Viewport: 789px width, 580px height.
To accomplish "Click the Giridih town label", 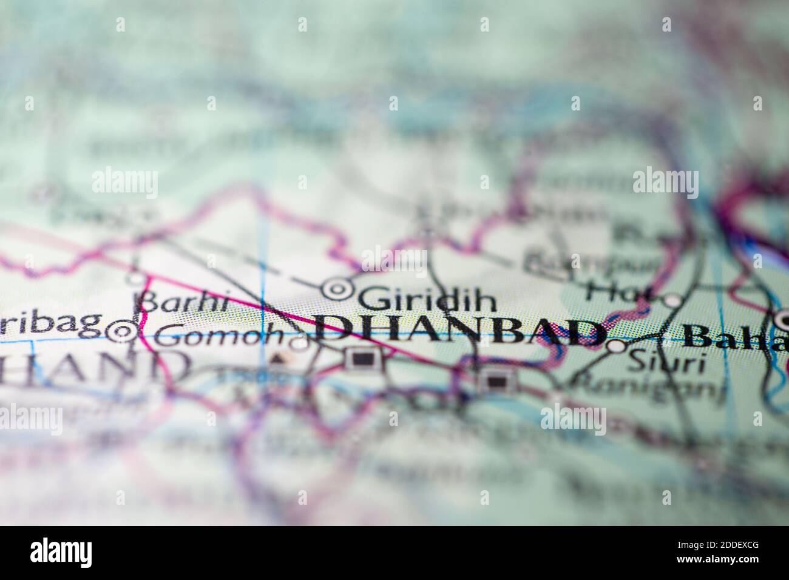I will (427, 298).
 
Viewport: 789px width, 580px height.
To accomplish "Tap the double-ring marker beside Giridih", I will (335, 291).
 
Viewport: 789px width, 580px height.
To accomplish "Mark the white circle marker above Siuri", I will (616, 346).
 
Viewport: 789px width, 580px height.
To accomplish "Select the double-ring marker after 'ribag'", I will (122, 331).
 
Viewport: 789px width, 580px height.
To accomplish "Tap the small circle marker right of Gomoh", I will (299, 344).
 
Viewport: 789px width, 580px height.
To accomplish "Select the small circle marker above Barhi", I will (137, 279).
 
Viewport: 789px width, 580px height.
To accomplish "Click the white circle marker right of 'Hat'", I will (672, 300).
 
